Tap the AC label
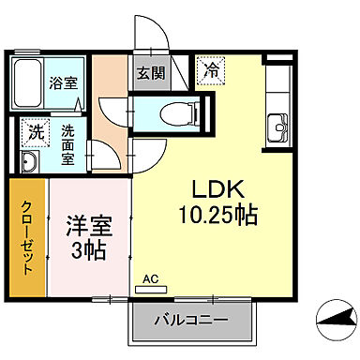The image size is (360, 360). click(x=151, y=278)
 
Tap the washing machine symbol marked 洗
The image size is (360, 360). click(x=35, y=132)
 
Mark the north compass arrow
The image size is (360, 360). click(x=333, y=327)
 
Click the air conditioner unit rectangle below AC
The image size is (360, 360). click(x=155, y=289)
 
